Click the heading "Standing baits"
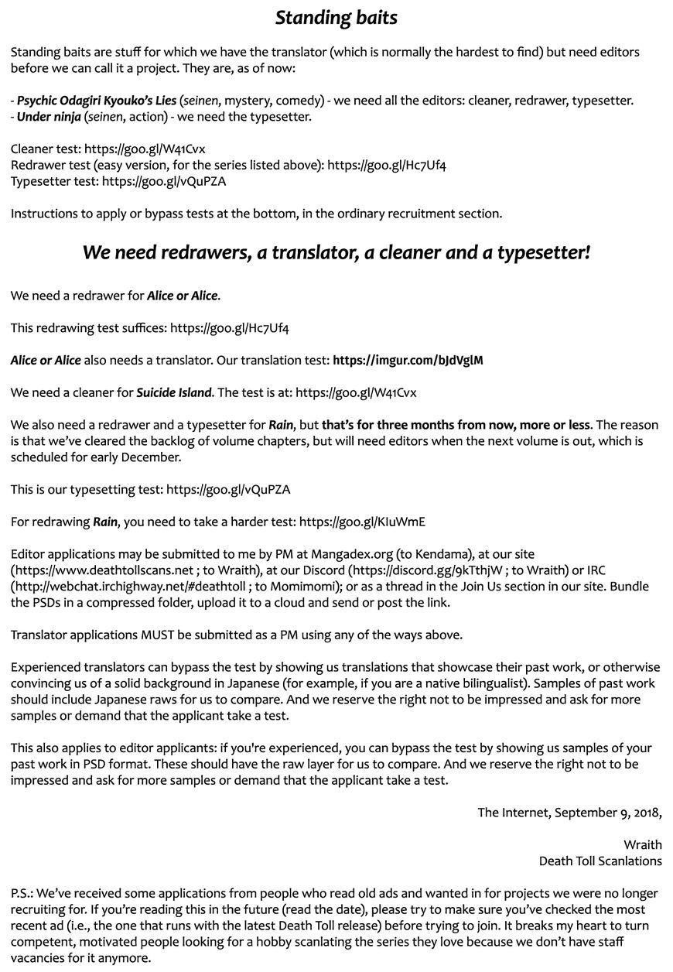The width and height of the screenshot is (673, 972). pyautogui.click(x=336, y=17)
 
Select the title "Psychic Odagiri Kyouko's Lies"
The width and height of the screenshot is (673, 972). pyautogui.click(x=97, y=101)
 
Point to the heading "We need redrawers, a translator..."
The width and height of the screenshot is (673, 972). pyautogui.click(x=336, y=252)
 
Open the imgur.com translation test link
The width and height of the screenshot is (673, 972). pyautogui.click(x=408, y=361)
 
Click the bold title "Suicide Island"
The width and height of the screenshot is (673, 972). pyautogui.click(x=173, y=393)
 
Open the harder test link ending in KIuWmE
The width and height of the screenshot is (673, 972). pyautogui.click(x=362, y=522)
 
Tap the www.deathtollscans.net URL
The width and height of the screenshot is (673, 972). pyautogui.click(x=108, y=571)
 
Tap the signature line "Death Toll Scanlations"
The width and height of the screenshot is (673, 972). pyautogui.click(x=600, y=861)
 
